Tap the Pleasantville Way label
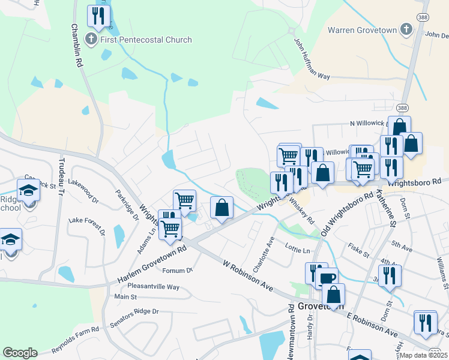153,287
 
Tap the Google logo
20,352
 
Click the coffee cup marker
327,278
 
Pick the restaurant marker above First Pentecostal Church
98,16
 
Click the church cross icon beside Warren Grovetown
407,29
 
